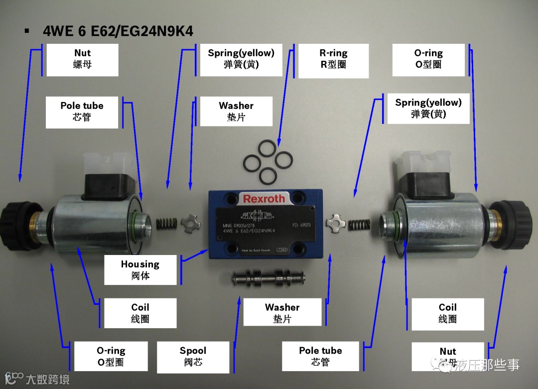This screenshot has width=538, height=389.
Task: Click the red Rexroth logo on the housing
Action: [264, 199]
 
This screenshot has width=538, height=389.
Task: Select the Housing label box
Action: [140, 269]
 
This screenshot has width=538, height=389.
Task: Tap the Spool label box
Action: [193, 357]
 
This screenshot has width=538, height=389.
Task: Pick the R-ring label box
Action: [333, 59]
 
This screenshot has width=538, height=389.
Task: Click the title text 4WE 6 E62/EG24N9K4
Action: [118, 31]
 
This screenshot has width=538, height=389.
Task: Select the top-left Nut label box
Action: [82, 59]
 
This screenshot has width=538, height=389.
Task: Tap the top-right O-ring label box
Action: [428, 59]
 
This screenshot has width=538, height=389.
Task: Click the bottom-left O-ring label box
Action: [111, 357]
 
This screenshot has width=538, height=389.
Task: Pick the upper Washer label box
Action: [236, 111]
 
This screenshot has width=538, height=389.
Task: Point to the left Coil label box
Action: [140, 313]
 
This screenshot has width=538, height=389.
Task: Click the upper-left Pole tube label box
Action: [82, 112]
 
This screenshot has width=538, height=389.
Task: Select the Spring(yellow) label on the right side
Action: [428, 108]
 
